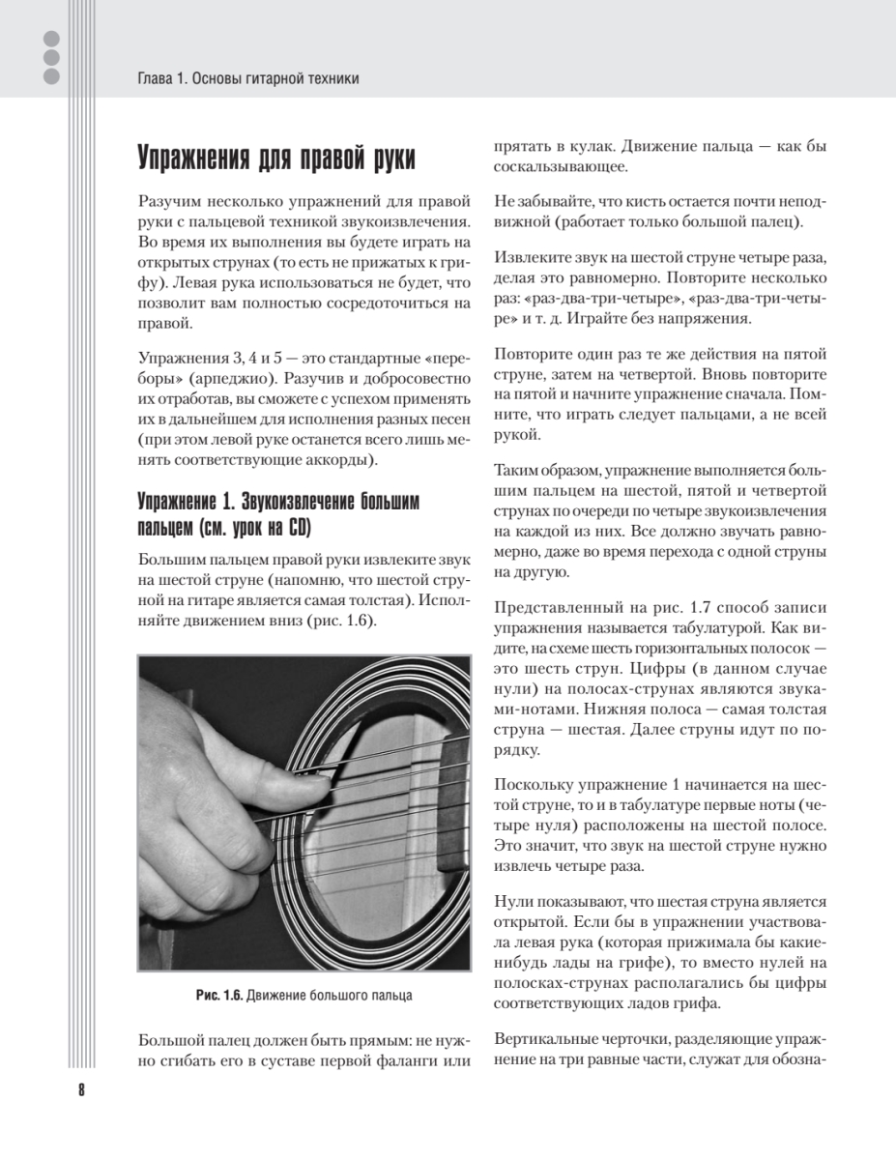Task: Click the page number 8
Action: pyautogui.click(x=80, y=1090)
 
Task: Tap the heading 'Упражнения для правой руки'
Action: pyautogui.click(x=276, y=157)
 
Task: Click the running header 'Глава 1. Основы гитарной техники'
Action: pyautogui.click(x=248, y=78)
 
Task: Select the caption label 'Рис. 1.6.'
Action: pyautogui.click(x=217, y=995)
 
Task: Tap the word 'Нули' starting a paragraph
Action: pyautogui.click(x=511, y=898)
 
